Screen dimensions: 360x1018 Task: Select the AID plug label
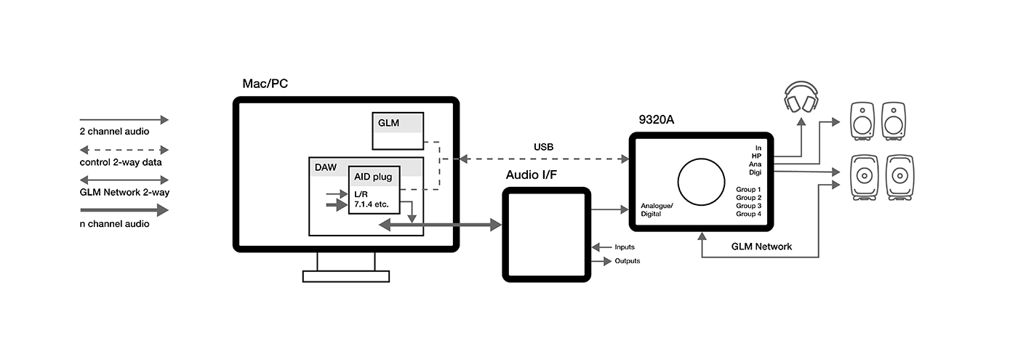coord(373,177)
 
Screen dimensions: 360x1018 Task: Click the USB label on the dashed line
coord(543,147)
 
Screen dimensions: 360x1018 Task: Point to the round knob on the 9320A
coord(702,180)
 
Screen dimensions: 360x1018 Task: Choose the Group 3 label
coord(748,206)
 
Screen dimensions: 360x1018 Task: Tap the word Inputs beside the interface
coord(625,248)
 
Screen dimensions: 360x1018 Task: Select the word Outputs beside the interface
coord(628,261)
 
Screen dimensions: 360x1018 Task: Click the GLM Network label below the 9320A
coord(761,247)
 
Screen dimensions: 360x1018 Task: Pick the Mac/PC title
coord(265,84)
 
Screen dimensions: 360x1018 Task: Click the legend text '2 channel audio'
coord(114,132)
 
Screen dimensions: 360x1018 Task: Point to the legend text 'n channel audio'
coord(114,224)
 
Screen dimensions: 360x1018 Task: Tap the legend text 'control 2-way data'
coord(120,162)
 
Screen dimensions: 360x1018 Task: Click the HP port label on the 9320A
coord(756,156)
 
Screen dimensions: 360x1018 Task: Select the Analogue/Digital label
coord(657,210)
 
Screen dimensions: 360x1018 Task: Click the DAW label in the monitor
coord(325,167)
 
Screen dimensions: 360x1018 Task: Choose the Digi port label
coord(755,172)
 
